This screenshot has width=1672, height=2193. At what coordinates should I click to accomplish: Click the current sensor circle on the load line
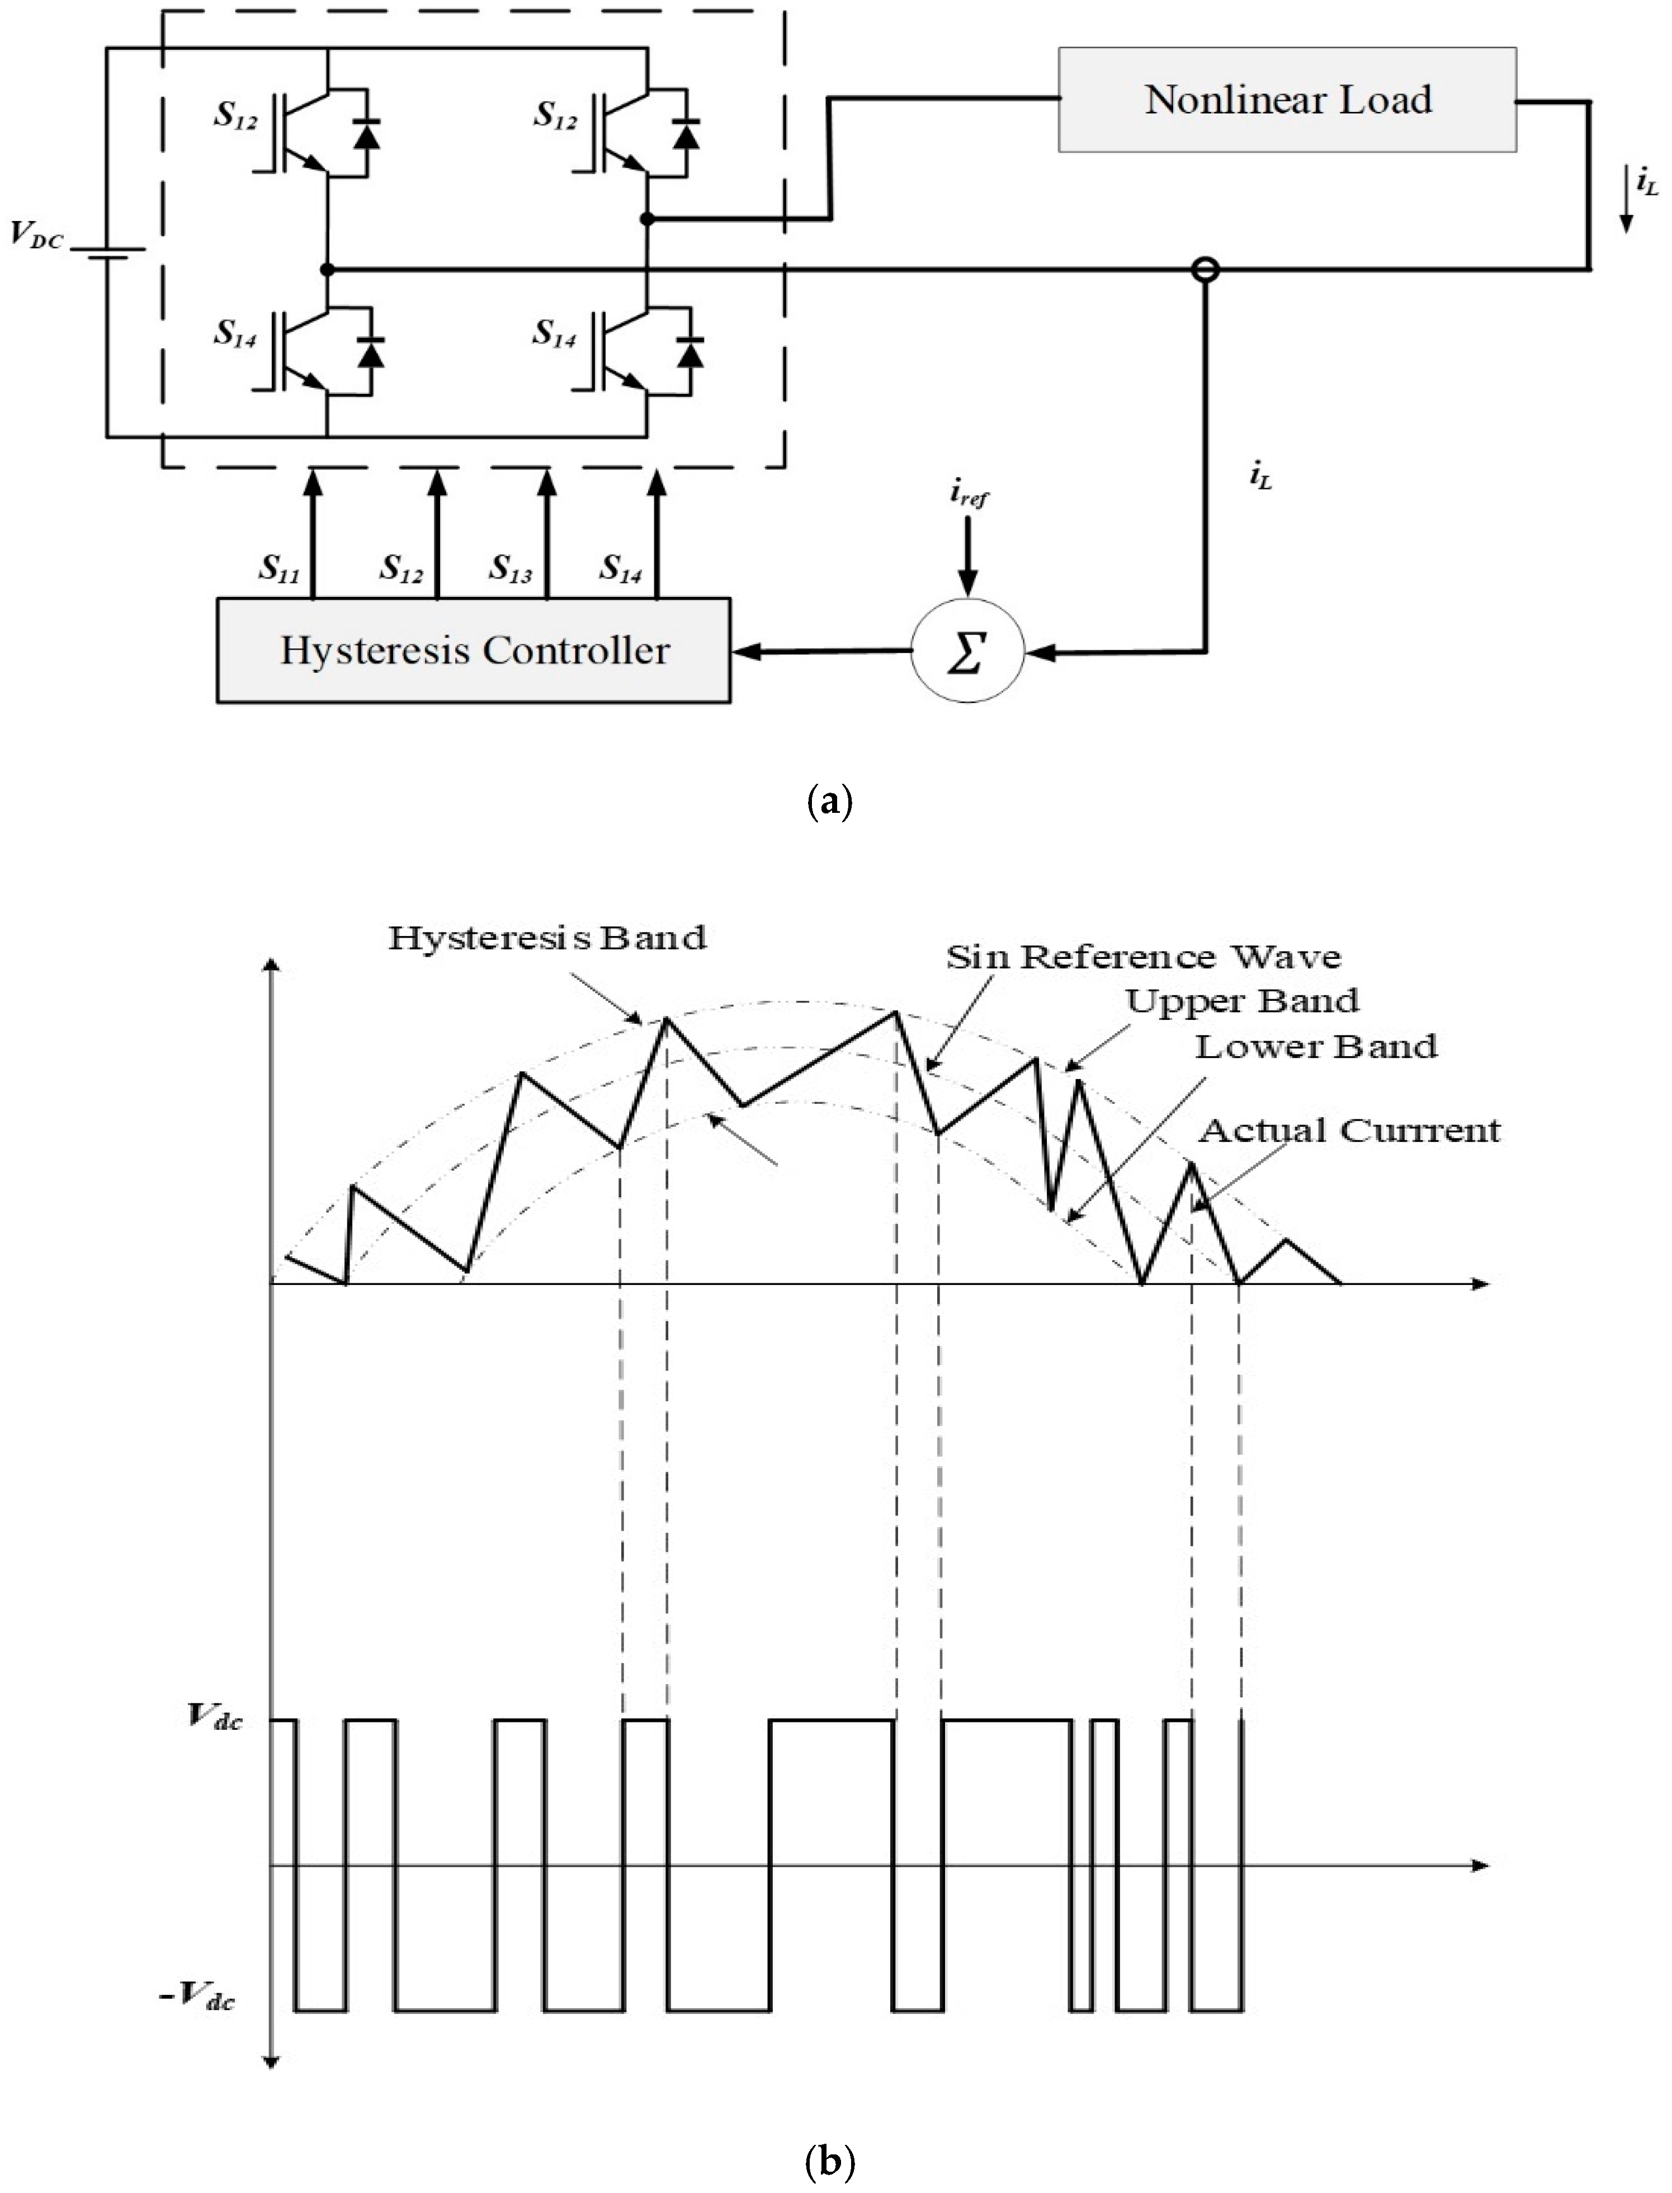tap(1205, 269)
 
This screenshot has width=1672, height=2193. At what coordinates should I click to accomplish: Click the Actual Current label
tap(1349, 1131)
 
